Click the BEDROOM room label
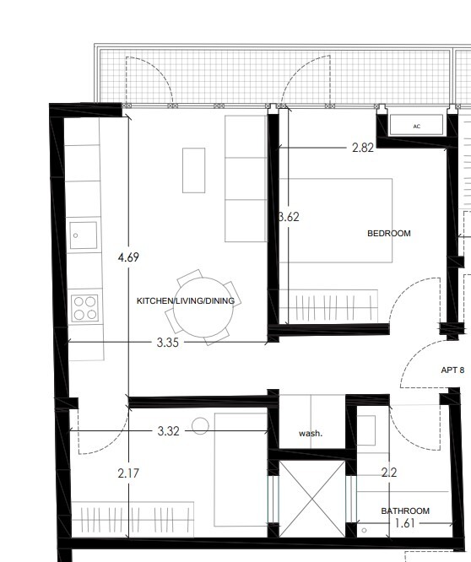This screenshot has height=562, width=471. click(389, 234)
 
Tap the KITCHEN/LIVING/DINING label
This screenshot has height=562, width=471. click(186, 300)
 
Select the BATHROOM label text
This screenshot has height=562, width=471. click(405, 511)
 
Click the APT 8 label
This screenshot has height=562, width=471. click(452, 370)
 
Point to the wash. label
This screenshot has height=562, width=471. click(311, 434)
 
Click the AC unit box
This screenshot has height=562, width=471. click(416, 125)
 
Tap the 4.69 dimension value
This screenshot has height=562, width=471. click(128, 257)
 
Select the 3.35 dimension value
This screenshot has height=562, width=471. click(167, 343)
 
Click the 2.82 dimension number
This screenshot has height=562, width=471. click(363, 148)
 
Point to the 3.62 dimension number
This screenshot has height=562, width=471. click(289, 217)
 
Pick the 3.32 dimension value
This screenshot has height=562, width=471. click(168, 431)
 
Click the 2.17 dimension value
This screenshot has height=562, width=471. click(128, 473)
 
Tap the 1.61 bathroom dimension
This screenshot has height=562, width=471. click(404, 523)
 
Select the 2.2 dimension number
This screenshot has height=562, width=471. click(389, 473)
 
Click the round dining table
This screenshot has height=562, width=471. click(203, 307)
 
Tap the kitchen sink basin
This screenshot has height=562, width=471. click(84, 235)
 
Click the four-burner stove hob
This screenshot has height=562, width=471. click(84, 308)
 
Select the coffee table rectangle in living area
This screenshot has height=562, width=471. click(193, 170)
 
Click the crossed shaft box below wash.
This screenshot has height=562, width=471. click(311, 499)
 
